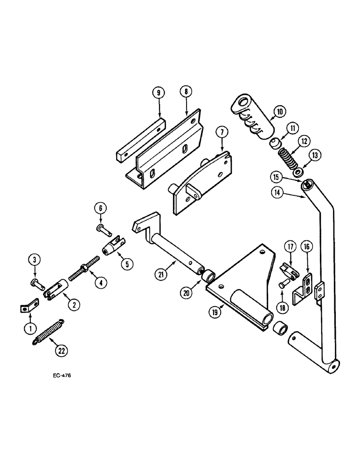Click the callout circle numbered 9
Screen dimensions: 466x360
pos(158,93)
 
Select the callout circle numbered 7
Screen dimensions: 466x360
pos(221,133)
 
